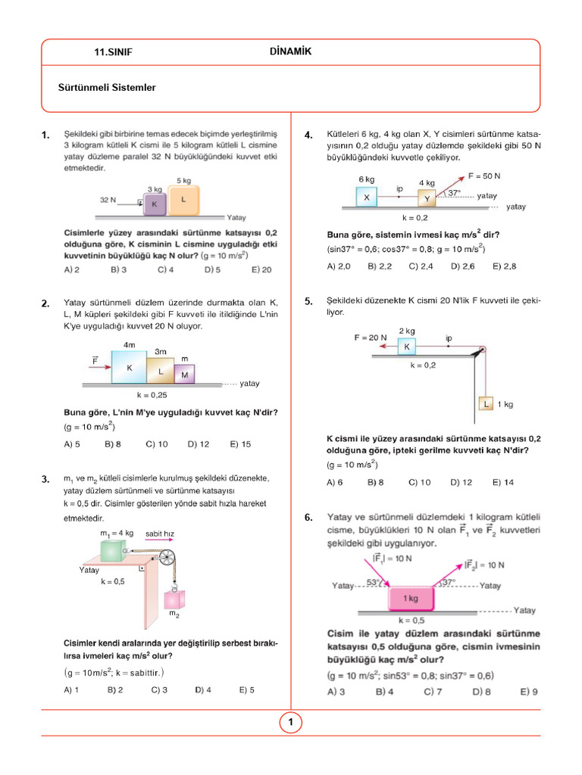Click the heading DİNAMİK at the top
coord(290,51)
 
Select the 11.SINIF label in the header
coord(113,52)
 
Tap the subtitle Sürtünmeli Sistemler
coord(107,88)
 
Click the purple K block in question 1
coord(154,204)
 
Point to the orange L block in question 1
coord(183,200)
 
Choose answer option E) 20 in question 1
coord(261,269)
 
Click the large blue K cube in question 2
coord(130,366)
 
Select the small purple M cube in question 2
coord(185,373)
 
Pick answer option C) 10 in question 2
coord(157,444)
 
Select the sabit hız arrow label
coord(160,534)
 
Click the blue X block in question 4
coord(367,197)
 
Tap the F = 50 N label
coord(484,176)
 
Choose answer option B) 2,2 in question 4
coord(380,266)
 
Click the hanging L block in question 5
coord(487,404)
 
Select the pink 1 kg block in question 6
coord(410,598)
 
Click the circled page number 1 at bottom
coord(290,723)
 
